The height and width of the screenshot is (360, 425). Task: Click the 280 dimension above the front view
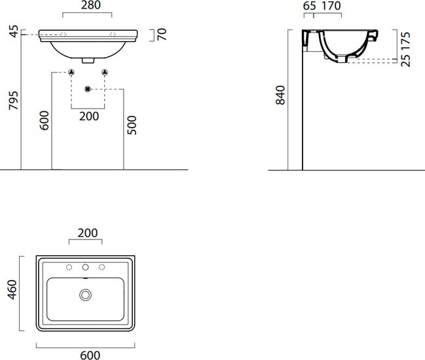pyautogui.click(x=91, y=5)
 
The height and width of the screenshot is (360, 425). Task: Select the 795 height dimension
pyautogui.click(x=14, y=101)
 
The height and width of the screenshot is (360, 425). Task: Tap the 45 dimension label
pyautogui.click(x=14, y=31)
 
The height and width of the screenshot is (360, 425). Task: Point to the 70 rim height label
pyautogui.click(x=162, y=35)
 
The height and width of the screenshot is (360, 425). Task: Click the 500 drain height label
pyautogui.click(x=132, y=125)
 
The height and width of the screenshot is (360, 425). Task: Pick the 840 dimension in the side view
pyautogui.click(x=280, y=95)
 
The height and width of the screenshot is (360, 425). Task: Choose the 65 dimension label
pyautogui.click(x=309, y=6)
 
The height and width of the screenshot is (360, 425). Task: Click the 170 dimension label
pyautogui.click(x=331, y=6)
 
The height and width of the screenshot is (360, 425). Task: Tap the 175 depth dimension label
pyautogui.click(x=406, y=41)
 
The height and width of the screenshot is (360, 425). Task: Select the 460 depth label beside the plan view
pyautogui.click(x=12, y=289)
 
